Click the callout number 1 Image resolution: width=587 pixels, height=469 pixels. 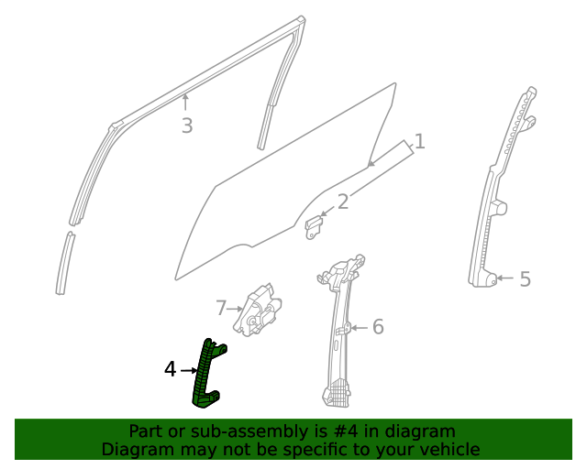point(419,142)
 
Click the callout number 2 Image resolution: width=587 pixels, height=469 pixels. point(342,202)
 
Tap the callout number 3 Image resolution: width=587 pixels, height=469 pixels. point(186,126)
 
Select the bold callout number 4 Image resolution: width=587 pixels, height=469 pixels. point(170,370)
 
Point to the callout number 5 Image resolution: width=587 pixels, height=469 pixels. point(525,279)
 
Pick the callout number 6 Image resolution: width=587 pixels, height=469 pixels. point(377,327)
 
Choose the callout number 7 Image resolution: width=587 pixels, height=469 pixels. point(220,307)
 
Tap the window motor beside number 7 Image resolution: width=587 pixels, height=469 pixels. point(259,308)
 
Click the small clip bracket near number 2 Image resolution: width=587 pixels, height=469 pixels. point(315,226)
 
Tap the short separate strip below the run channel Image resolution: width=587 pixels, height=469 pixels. point(63,263)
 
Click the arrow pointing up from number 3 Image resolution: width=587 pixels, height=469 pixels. point(185,103)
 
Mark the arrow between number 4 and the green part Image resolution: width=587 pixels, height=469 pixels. point(188,370)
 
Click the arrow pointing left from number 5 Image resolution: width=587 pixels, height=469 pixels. point(504,279)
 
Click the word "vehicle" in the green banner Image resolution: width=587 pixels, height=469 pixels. point(448,449)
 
